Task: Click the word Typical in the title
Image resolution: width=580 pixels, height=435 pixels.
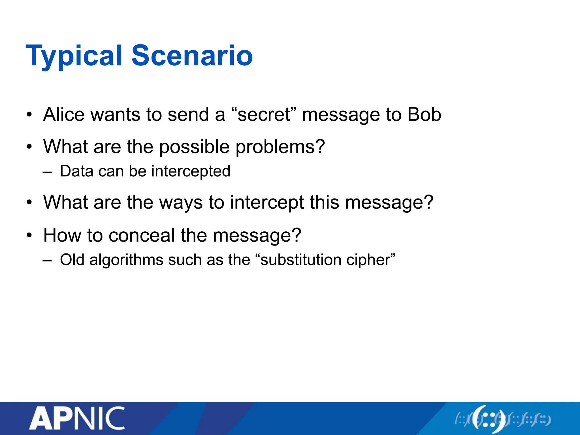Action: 74,56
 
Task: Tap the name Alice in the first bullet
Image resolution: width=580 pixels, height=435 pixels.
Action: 64,114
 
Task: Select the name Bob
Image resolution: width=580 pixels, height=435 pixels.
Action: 424,114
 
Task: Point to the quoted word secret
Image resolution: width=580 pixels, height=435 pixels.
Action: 263,115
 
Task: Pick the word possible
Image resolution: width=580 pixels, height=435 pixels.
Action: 194,147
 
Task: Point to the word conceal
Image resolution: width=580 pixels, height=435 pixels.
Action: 142,235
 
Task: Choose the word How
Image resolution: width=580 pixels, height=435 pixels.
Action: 62,235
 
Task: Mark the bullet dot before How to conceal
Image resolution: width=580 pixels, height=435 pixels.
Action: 29,235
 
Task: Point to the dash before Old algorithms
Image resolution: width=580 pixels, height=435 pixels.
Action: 47,260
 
